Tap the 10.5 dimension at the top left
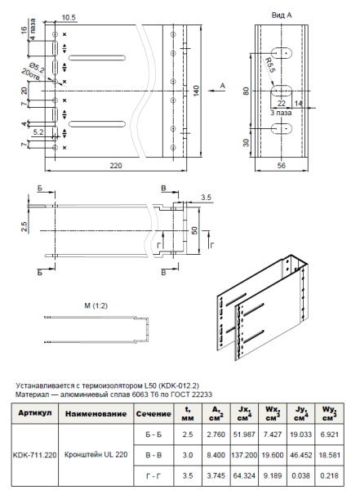69,16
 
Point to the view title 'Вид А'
282,16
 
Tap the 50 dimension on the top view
194,232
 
